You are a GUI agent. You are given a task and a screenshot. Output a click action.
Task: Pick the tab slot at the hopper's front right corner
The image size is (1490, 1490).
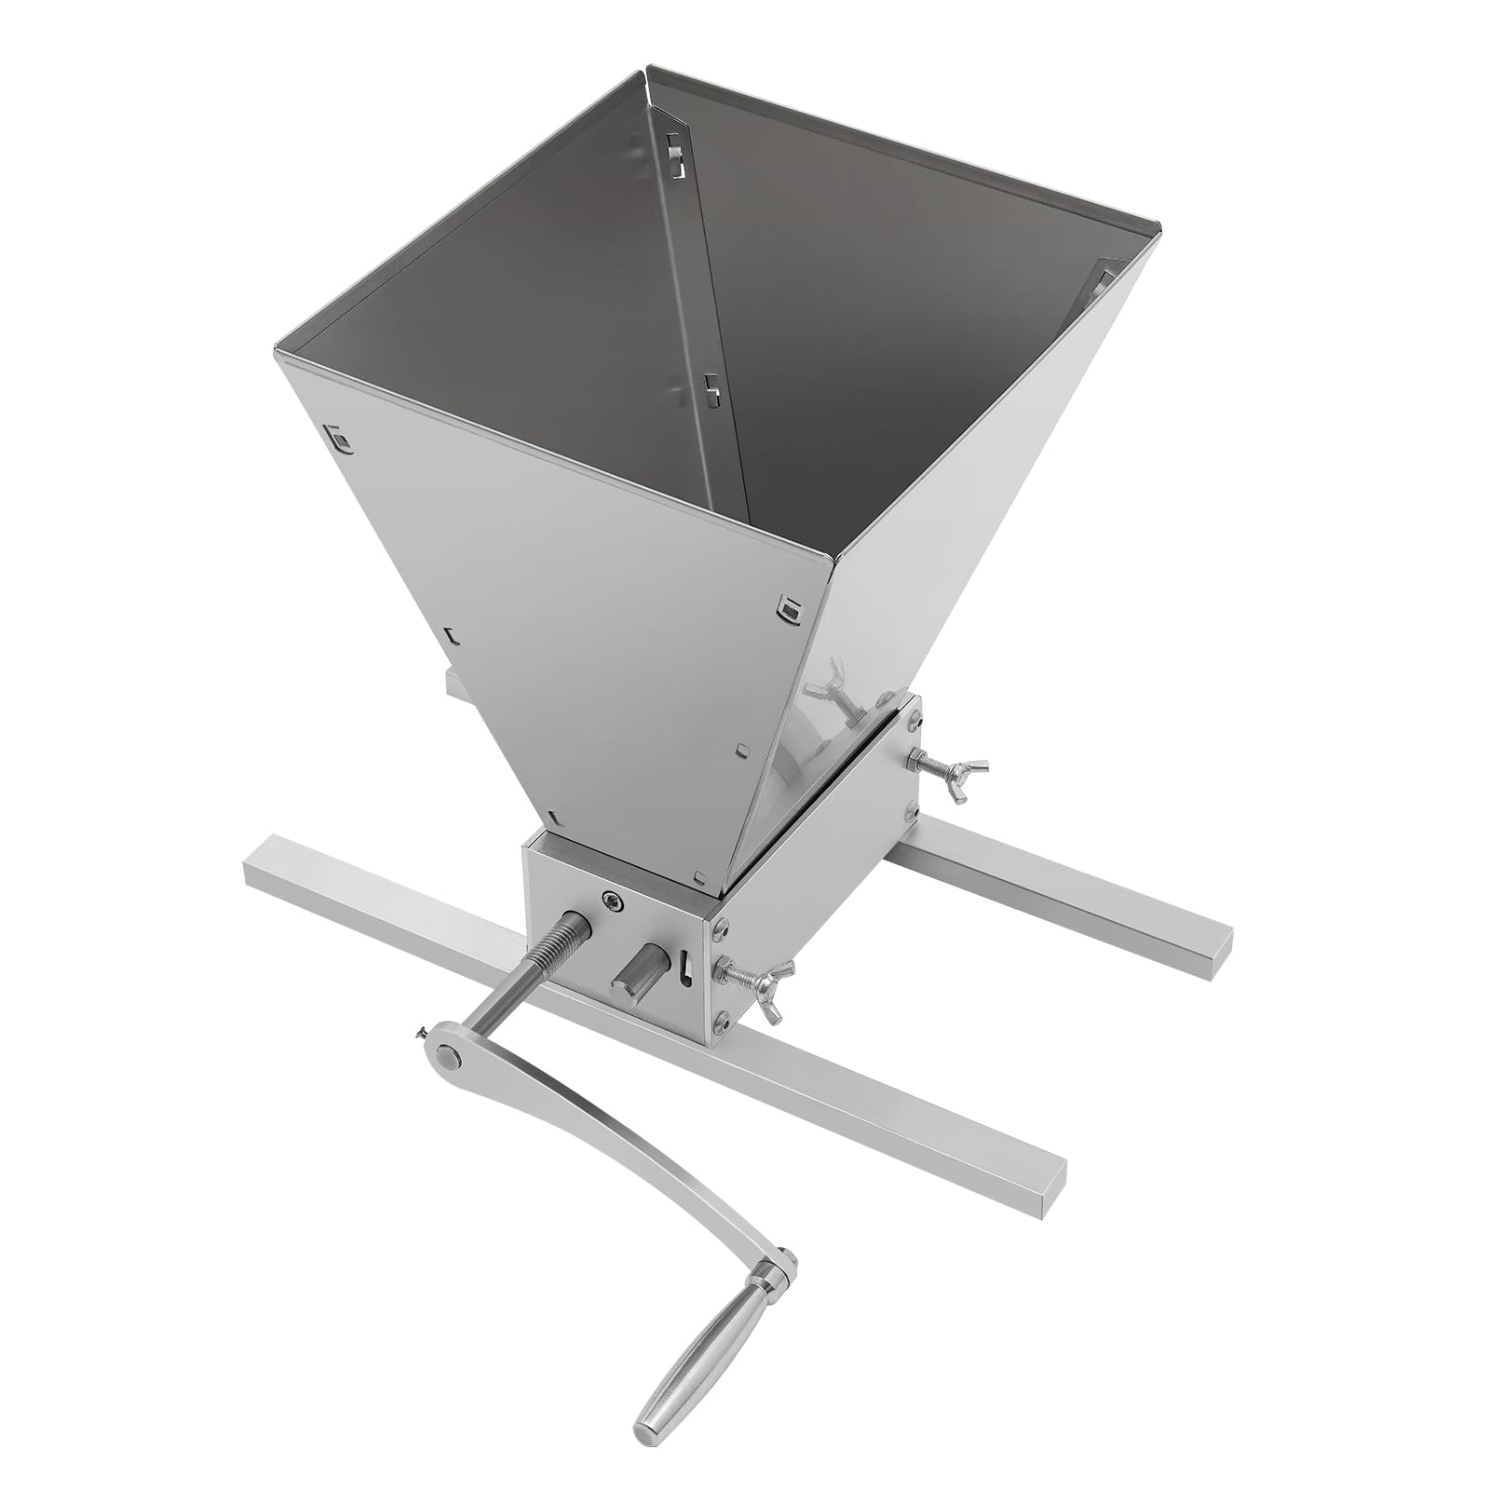790,608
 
